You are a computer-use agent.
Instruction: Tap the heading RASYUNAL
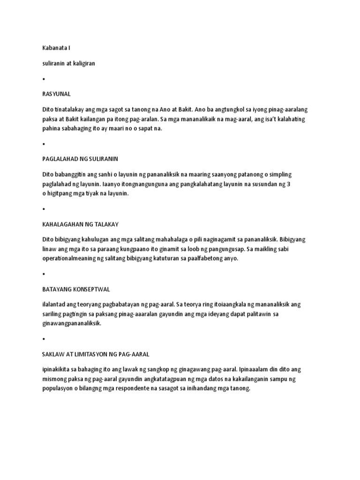(x=56, y=94)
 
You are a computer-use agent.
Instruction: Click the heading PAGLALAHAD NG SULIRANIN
(x=83, y=159)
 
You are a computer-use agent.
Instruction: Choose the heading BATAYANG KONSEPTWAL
(x=76, y=289)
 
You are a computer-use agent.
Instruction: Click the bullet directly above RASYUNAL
(x=44, y=79)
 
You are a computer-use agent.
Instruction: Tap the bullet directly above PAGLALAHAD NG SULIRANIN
(x=44, y=144)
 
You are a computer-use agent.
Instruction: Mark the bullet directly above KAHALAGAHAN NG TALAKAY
(x=44, y=209)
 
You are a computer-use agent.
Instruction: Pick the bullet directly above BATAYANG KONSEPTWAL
(x=44, y=274)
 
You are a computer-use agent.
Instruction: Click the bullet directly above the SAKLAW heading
(x=44, y=338)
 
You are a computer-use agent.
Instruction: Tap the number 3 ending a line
(x=288, y=184)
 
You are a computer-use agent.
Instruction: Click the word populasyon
(x=58, y=388)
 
